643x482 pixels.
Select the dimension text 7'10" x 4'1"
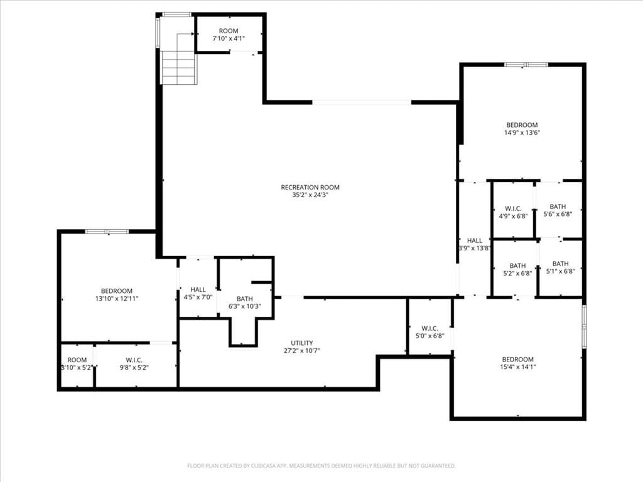(229, 38)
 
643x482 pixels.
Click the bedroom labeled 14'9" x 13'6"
(522, 129)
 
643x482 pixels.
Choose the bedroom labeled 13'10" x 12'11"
(117, 295)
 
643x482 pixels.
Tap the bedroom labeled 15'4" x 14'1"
(518, 363)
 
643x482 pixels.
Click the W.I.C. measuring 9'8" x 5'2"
(134, 364)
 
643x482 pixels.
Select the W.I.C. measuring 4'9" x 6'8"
(513, 212)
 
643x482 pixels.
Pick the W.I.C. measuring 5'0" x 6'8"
(430, 332)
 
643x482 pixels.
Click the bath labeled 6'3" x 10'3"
(245, 303)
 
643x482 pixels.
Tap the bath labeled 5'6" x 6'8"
(558, 210)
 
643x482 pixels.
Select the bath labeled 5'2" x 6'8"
(517, 269)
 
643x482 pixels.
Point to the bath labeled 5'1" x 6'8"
(561, 267)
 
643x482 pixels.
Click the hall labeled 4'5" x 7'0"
(198, 293)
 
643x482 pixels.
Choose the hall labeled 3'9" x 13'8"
(475, 244)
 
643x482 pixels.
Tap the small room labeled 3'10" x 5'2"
(77, 364)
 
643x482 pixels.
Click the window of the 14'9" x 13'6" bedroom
(526, 65)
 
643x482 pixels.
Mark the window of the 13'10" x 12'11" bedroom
(107, 232)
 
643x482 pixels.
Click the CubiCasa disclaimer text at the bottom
(321, 466)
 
